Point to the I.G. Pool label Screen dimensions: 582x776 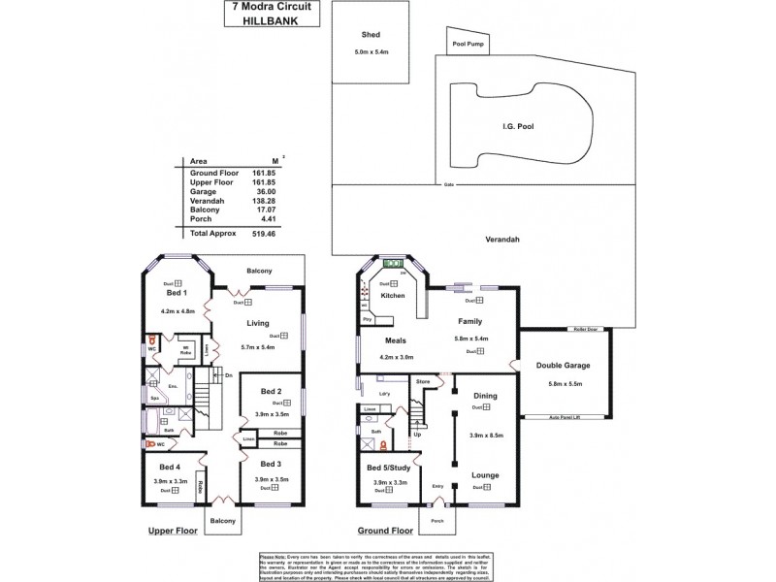tap(519, 126)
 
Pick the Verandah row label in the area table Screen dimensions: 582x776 tap(205, 200)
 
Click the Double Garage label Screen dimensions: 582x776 tap(563, 366)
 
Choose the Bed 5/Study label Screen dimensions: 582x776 tap(386, 469)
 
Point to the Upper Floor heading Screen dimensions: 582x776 tap(172, 532)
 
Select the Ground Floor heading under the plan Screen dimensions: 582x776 tap(384, 532)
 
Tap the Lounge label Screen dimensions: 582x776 tap(485, 474)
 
